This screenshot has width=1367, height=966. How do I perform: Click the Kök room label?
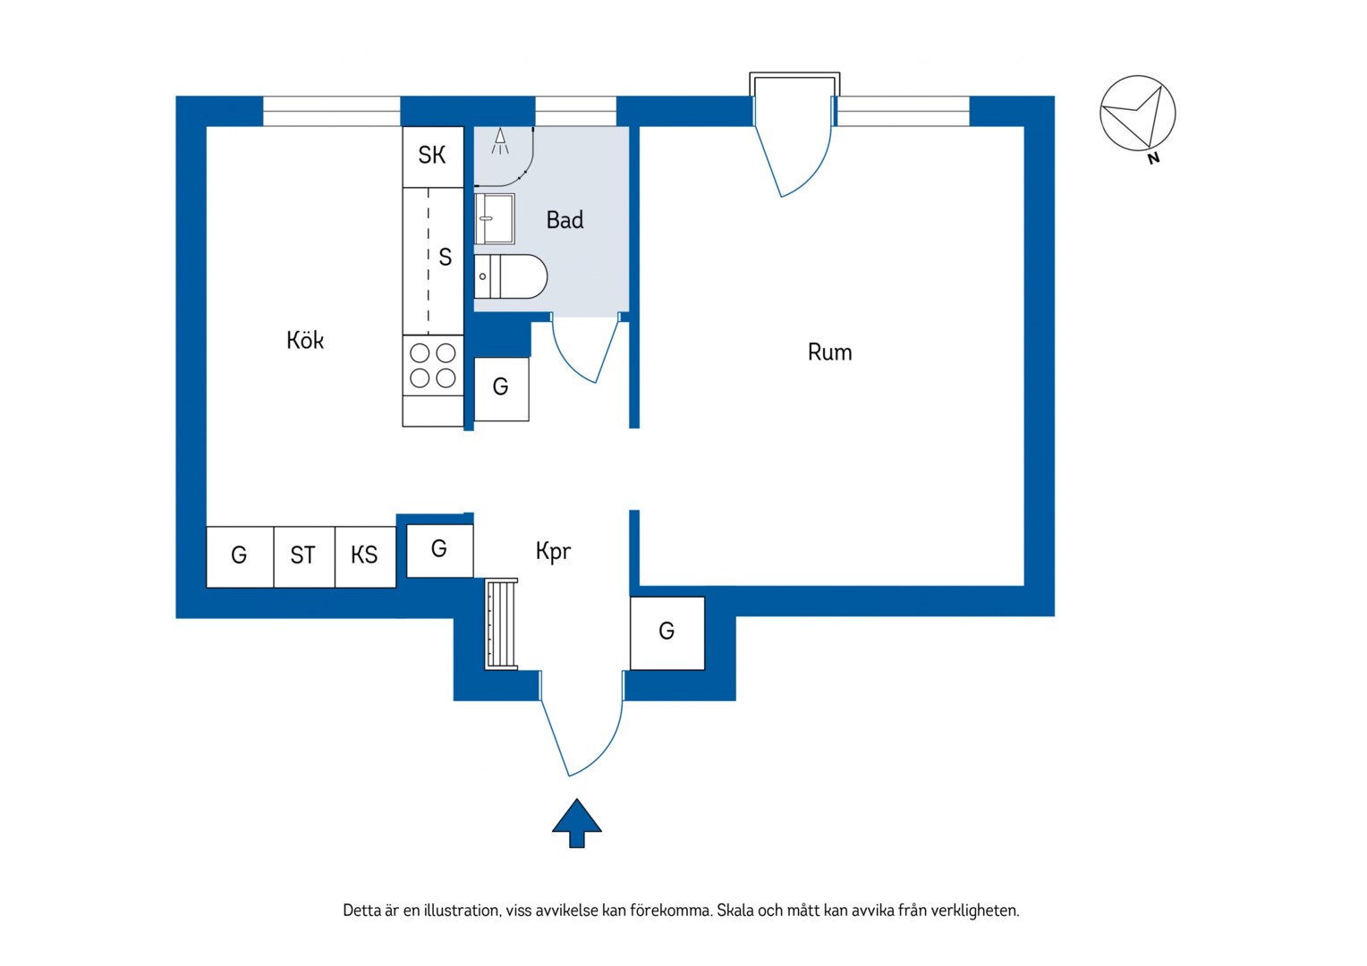pos(305,340)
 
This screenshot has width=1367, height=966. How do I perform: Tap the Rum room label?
pos(829,352)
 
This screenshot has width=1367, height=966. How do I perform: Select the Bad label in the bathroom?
pos(565,220)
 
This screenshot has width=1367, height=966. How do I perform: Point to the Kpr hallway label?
pos(553,551)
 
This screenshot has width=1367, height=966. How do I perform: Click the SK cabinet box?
pos(433,157)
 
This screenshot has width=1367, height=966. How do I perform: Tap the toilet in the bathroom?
pos(511,276)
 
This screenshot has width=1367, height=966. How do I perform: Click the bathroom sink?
pos(495,218)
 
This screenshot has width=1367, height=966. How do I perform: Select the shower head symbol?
pos(500,141)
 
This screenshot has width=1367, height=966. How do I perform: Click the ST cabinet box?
pos(304,556)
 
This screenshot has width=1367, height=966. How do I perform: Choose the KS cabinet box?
pos(365,556)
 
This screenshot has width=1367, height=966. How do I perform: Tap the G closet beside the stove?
pos(502,389)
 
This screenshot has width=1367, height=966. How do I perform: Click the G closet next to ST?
pos(240,556)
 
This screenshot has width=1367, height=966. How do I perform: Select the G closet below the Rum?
pos(667,632)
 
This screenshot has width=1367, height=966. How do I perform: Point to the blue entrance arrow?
pos(577,823)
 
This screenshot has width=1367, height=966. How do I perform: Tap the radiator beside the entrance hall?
pos(501,623)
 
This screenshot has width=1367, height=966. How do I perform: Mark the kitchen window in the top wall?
pos(331,111)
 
